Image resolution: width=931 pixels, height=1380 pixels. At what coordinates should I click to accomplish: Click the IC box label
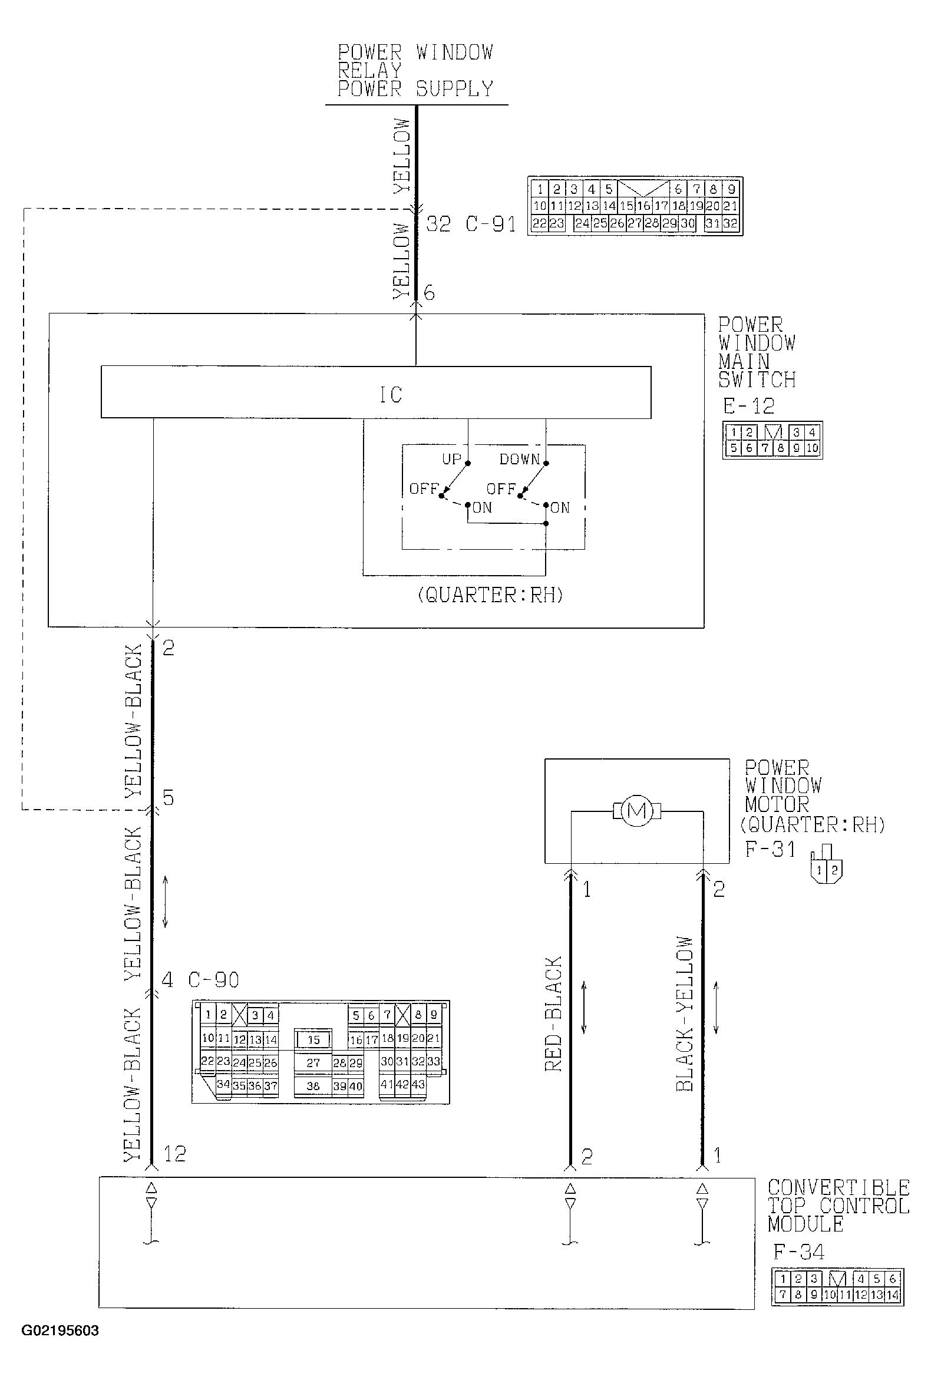(x=391, y=395)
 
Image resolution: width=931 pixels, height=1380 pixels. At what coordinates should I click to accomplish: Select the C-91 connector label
(x=490, y=224)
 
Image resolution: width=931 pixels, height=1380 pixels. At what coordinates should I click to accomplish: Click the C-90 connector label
(x=214, y=980)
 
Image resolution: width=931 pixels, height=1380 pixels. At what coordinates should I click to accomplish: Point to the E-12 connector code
(x=749, y=406)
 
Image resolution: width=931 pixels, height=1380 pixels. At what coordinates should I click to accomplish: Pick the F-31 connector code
(x=770, y=849)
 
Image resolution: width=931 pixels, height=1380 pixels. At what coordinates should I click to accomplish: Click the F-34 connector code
(x=798, y=1252)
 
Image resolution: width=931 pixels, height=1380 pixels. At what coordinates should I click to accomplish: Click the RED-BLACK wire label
(x=553, y=1013)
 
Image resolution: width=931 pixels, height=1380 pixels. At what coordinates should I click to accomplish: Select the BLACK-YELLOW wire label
(x=685, y=1013)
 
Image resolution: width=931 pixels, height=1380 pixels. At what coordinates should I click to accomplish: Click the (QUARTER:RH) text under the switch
(x=490, y=595)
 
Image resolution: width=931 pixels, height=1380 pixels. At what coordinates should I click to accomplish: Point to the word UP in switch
(x=451, y=459)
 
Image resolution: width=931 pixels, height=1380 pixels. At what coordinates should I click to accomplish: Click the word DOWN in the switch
(x=520, y=459)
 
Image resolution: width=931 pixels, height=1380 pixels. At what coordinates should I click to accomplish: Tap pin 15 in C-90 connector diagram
(x=313, y=1040)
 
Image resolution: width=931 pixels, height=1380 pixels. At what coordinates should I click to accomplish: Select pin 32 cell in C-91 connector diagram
(x=730, y=224)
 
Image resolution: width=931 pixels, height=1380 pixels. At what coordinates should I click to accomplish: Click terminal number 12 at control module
(x=174, y=1154)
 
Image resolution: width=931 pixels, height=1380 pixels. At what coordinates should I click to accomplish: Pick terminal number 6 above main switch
(x=430, y=293)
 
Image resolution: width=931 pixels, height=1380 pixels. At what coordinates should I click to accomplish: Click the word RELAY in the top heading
(x=370, y=71)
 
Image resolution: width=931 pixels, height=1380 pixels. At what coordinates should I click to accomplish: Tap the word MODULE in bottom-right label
(x=805, y=1224)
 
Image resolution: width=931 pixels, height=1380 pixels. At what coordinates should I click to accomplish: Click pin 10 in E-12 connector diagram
(x=811, y=448)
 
